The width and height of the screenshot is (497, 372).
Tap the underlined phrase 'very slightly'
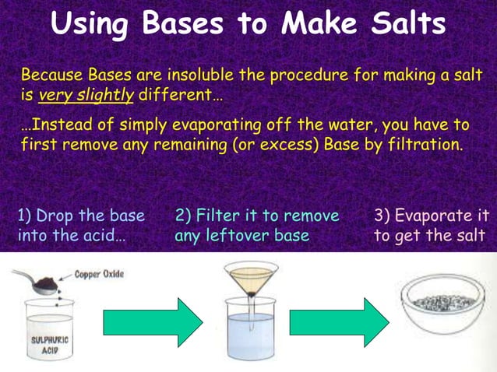tap(86, 97)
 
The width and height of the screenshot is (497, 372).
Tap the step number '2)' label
tap(183, 216)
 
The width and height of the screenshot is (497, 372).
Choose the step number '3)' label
tap(382, 216)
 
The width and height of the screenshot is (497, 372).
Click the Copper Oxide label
tap(99, 274)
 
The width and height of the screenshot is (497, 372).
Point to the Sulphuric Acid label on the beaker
tap(42, 345)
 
